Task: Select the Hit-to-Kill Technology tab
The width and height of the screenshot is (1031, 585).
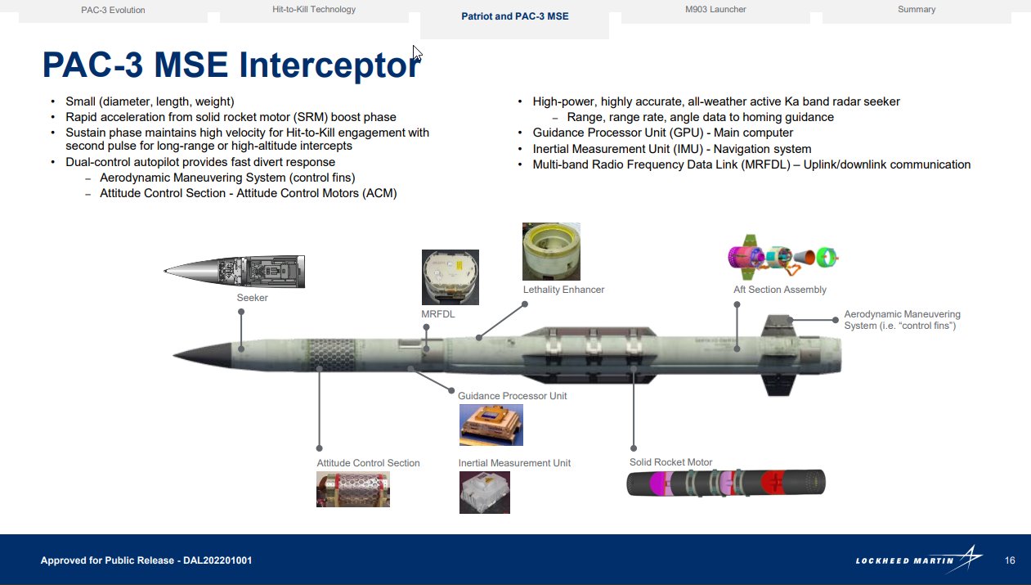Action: [x=314, y=10]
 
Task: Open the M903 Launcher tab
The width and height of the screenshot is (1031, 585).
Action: [x=715, y=10]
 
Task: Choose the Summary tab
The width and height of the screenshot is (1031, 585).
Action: [x=916, y=10]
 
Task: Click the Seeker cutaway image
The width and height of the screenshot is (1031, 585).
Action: [x=235, y=271]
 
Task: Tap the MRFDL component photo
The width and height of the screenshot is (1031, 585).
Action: [x=450, y=277]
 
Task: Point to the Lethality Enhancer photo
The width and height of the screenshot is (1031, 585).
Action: [x=551, y=251]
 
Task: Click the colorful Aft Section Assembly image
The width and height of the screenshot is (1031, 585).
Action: [x=783, y=258]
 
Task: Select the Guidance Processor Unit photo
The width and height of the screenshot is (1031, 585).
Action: [x=491, y=425]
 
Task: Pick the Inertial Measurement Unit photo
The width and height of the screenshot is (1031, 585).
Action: [x=484, y=493]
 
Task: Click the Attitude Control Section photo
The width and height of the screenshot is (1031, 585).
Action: [x=352, y=488]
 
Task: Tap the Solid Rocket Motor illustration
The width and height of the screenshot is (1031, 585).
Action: [x=726, y=483]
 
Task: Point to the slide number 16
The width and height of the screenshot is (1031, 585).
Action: [x=1010, y=560]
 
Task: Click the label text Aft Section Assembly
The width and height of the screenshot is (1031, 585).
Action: [x=779, y=290]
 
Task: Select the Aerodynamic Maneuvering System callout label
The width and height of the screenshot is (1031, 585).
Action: [x=902, y=320]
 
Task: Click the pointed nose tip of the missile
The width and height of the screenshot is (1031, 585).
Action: [x=177, y=355]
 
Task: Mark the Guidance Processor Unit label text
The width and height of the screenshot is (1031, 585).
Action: [x=512, y=396]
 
